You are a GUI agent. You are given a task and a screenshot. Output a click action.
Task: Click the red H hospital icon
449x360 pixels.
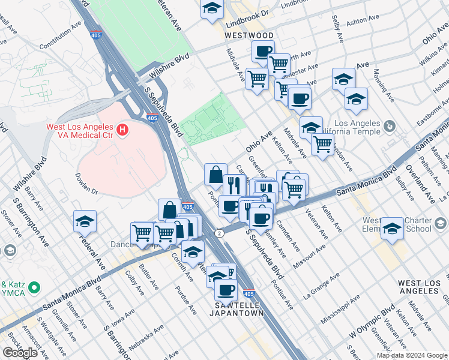(123, 129)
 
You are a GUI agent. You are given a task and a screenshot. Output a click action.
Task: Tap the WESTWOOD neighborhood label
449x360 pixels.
(249, 36)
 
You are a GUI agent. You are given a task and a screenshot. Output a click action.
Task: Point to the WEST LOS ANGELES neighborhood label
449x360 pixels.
(418, 287)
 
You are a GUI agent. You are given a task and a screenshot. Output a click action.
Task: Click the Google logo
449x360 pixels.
(20, 353)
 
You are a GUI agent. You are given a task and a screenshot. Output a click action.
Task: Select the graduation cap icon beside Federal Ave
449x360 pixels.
(85, 221)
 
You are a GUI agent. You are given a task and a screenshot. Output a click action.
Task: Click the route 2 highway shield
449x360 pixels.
(220, 232)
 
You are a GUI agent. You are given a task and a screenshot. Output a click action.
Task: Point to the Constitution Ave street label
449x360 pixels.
(59, 37)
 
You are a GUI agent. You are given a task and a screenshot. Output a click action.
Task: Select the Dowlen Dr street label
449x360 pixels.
(86, 184)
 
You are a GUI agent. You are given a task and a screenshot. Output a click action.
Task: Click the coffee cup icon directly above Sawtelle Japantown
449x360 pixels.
(226, 289)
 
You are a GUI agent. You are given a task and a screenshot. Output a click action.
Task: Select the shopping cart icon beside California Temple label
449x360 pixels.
(323, 144)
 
